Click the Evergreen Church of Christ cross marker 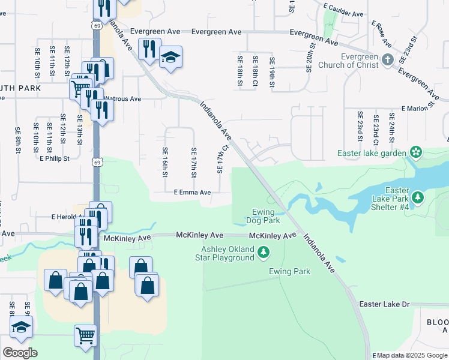click(387, 59)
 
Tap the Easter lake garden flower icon click(415, 151)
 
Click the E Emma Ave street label click(192, 193)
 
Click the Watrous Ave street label click(123, 98)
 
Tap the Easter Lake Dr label click(384, 305)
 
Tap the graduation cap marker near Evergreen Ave click(170, 58)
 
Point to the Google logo click(19, 353)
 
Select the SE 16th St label click(165, 162)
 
